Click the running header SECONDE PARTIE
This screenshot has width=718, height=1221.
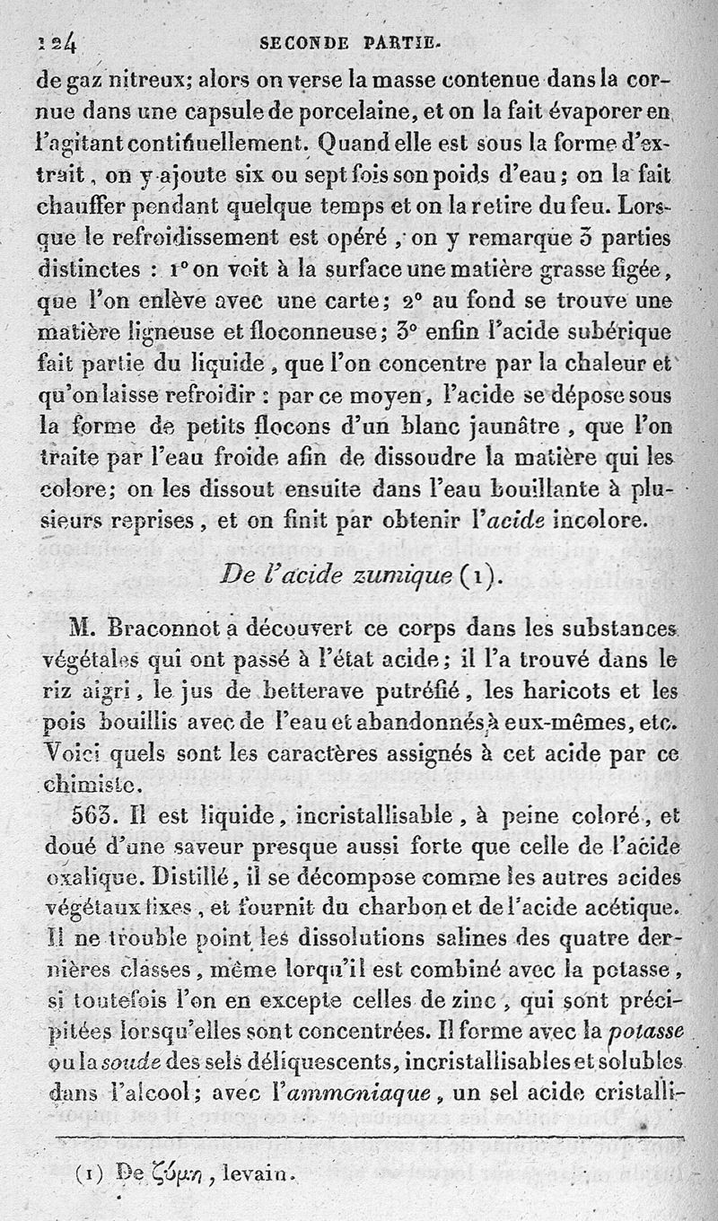[x=348, y=41]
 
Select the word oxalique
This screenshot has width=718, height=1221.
[x=87, y=876]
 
